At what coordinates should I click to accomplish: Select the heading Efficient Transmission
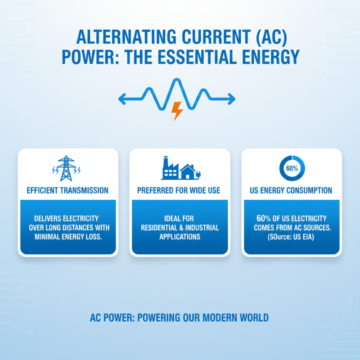click(x=67, y=191)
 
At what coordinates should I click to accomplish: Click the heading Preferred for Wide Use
click(x=179, y=191)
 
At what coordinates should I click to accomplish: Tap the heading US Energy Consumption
click(x=291, y=191)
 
